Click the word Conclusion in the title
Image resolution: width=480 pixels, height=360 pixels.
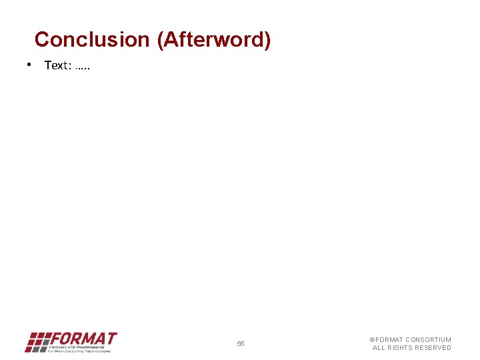[x=93, y=40]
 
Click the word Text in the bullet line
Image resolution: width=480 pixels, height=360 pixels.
[x=57, y=65]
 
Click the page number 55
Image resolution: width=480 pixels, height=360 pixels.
[x=241, y=344]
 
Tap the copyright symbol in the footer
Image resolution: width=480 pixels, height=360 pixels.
[x=373, y=340]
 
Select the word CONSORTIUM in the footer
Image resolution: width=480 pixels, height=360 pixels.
[x=429, y=340]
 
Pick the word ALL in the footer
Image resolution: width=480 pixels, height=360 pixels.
[x=378, y=348]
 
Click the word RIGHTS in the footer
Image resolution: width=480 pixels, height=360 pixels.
[x=400, y=348]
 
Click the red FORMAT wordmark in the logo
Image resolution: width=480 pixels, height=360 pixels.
[x=84, y=338]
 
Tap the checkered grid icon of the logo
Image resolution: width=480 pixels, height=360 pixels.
[x=37, y=341]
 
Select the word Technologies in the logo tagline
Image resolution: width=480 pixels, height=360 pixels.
[x=97, y=351]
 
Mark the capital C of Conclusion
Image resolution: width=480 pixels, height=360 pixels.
[x=41, y=40]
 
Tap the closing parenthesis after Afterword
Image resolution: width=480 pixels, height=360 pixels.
[x=267, y=40]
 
